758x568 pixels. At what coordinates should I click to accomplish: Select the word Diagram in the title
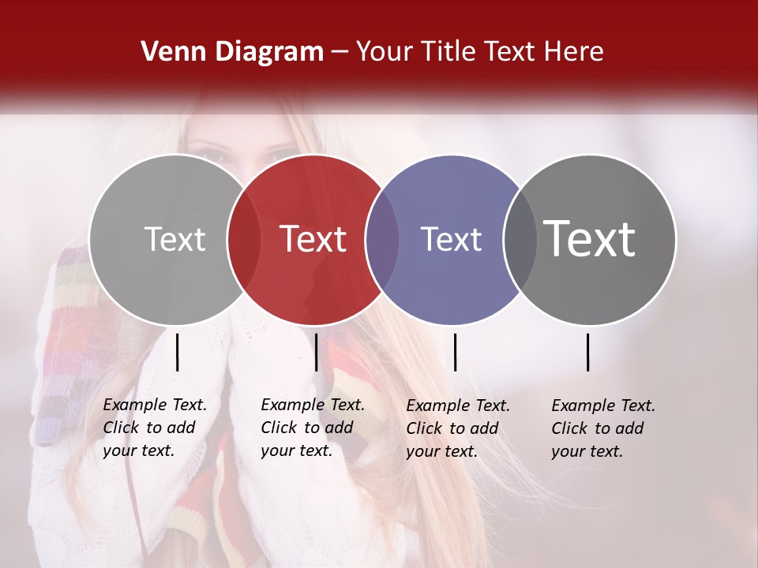point(269,52)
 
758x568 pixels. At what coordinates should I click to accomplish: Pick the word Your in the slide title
point(385,52)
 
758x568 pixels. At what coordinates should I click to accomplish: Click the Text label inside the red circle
point(313,239)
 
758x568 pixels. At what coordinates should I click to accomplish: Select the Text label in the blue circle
point(451,239)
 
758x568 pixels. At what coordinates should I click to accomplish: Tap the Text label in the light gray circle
point(174,239)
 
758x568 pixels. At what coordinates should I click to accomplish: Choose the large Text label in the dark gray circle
point(590,239)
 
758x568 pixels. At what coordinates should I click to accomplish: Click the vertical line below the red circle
point(316,352)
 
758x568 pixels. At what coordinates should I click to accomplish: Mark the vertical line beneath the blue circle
point(455,352)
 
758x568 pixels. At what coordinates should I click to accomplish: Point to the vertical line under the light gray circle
point(177,352)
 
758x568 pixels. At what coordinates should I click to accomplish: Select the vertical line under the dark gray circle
point(588,352)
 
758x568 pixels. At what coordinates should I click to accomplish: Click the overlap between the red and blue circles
point(382,239)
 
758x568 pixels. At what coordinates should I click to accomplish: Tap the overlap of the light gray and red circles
point(244,239)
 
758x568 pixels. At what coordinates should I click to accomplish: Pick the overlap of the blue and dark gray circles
point(520,239)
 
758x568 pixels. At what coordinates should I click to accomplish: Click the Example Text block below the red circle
point(313,428)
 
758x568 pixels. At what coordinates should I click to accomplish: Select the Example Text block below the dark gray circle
point(603,428)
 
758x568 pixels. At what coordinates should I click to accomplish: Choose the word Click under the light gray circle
point(121,428)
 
